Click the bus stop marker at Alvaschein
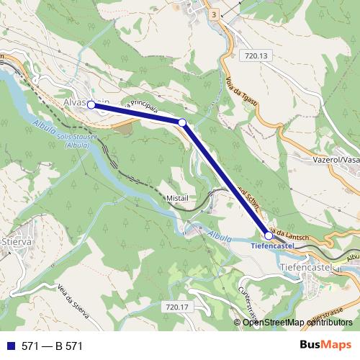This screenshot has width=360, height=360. pos(91,105)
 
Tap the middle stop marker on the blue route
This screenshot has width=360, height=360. pos(182,123)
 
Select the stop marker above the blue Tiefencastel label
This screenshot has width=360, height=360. pos(269,235)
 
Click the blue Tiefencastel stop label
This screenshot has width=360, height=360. pos(273,246)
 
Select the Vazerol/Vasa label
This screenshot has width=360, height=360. pos(336,161)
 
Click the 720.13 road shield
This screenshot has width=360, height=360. pos(255,55)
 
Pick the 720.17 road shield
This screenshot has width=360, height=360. pos(176,307)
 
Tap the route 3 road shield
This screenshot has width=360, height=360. pos(214,14)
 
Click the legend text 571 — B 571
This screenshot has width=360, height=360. pos(52,346)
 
